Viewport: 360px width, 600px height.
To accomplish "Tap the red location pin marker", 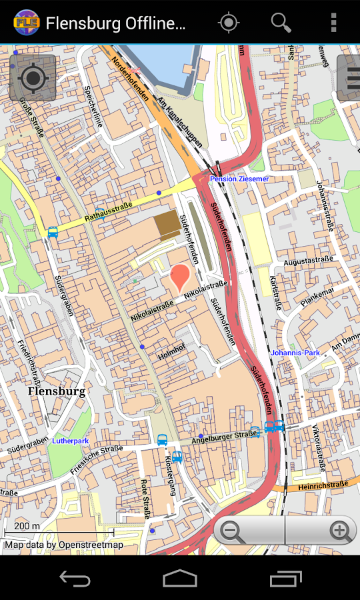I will point(181,277).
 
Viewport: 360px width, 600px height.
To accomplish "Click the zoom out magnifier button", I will point(232,531).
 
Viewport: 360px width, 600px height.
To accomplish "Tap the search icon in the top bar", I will point(281,23).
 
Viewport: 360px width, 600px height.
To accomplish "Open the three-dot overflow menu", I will point(333,23).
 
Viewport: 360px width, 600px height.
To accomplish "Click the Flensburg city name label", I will point(57,391).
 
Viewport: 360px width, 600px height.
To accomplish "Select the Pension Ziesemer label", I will point(239,179).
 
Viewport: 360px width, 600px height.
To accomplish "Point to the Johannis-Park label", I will point(295,353).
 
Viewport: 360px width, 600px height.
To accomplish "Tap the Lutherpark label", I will point(70,441).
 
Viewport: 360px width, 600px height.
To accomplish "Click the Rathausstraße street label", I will point(109,212).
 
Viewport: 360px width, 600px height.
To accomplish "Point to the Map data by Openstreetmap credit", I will point(64,545).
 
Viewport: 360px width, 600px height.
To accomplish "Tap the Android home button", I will point(180,578).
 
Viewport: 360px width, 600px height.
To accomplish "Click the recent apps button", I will point(285,578).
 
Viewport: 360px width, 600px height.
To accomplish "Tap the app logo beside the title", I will point(26,23).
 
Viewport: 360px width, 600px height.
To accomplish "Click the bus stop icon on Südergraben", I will point(53,233).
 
